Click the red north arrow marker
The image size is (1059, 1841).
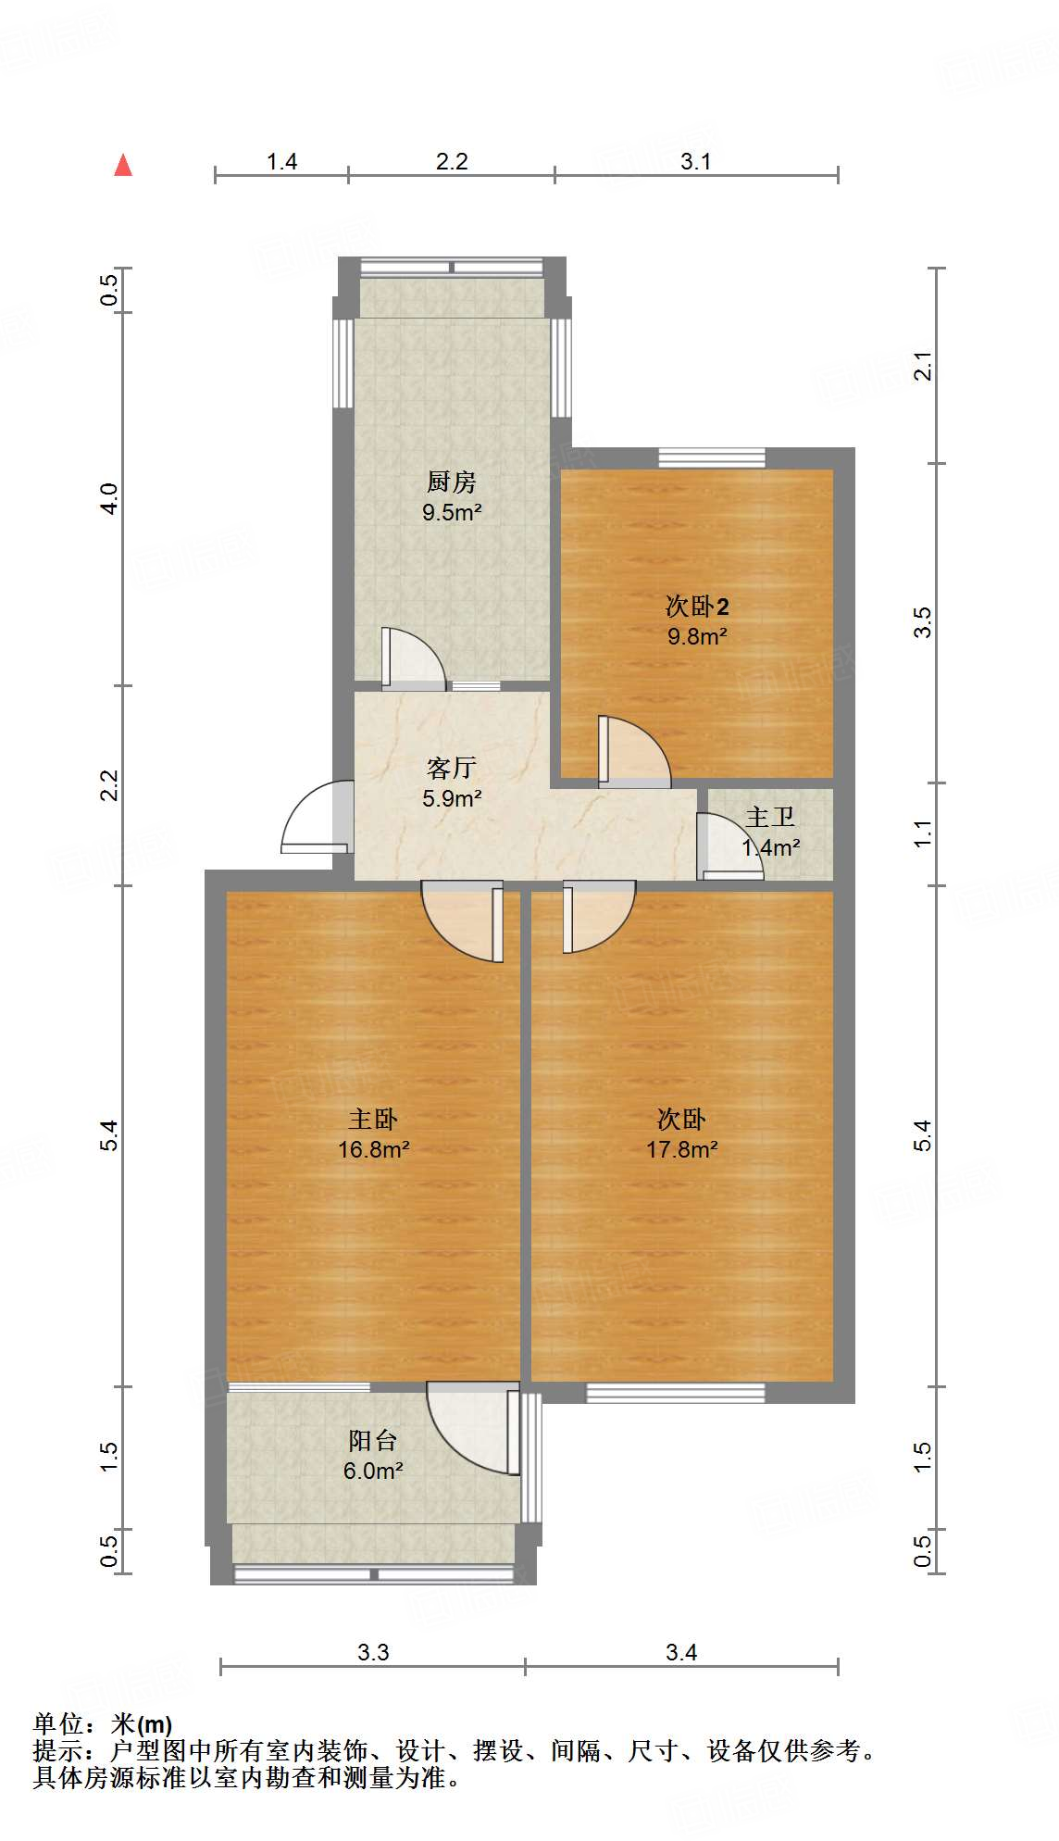click(123, 165)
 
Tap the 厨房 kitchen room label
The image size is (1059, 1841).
click(452, 482)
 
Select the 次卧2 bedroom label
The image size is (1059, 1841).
click(697, 607)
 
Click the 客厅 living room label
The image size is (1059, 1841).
click(452, 768)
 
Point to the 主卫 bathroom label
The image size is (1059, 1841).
click(770, 817)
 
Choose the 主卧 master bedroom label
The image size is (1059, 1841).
click(373, 1119)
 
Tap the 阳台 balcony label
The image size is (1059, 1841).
click(373, 1440)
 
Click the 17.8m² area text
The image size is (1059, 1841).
click(682, 1149)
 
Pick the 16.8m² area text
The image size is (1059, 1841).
click(374, 1149)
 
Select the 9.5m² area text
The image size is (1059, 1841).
click(452, 512)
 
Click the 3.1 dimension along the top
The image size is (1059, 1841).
click(696, 162)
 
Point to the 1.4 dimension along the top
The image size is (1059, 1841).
click(281, 162)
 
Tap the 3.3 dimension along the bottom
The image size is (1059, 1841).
click(373, 1652)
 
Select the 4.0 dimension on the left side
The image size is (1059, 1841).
click(110, 499)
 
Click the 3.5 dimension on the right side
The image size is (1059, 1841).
click(922, 622)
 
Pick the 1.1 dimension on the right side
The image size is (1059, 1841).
click(922, 833)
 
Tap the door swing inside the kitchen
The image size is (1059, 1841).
click(412, 658)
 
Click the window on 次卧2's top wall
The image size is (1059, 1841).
click(712, 457)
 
